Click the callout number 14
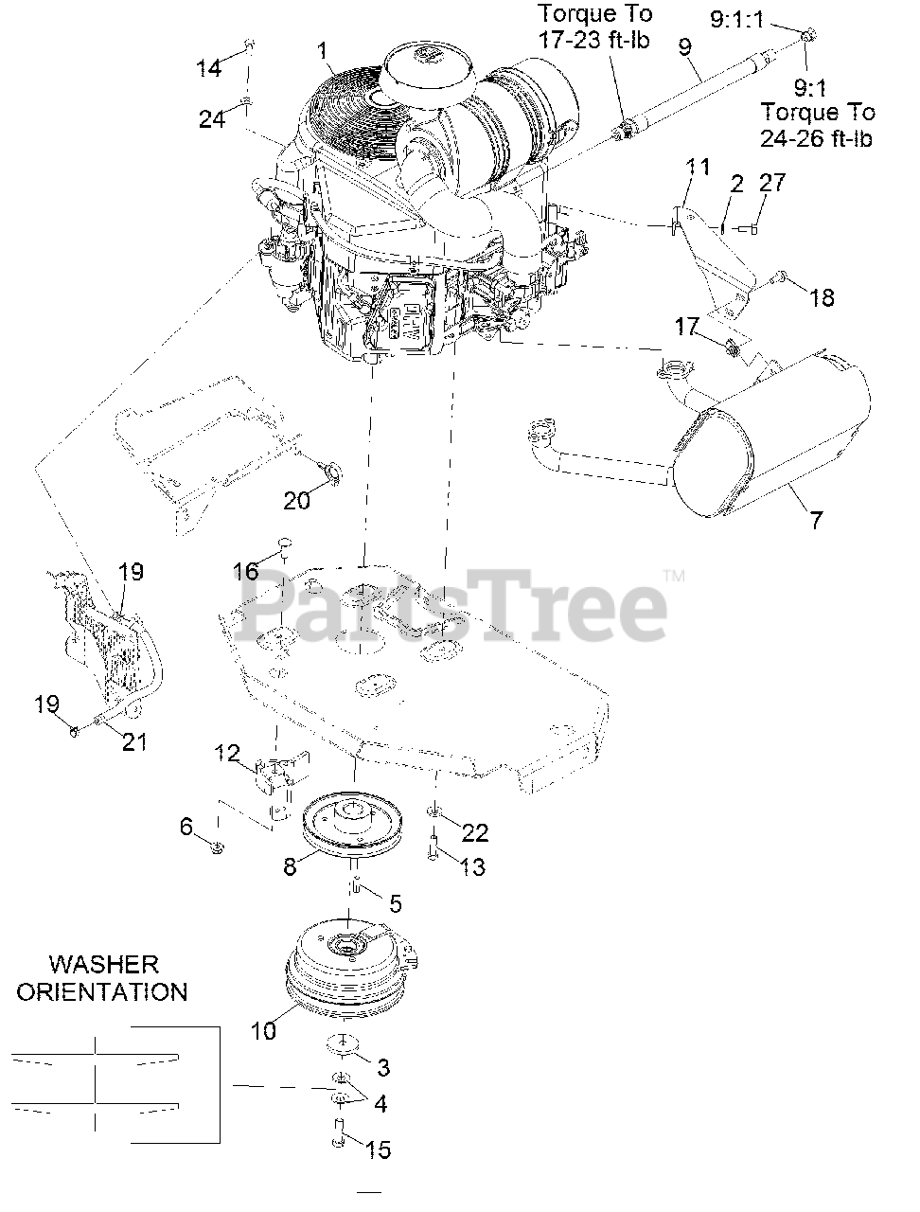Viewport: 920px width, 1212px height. tap(209, 68)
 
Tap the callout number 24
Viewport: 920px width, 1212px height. tap(213, 119)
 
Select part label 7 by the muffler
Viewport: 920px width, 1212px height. tap(816, 519)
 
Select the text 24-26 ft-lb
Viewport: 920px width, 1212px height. tap(817, 137)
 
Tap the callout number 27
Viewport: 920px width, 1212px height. tap(772, 183)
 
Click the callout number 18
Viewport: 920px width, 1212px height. tap(822, 297)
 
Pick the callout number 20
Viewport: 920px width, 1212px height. tap(296, 500)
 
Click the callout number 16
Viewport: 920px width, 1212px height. tap(246, 571)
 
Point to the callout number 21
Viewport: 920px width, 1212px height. tap(134, 741)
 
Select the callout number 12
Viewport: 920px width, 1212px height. tap(227, 754)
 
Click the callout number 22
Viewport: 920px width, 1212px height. tap(474, 832)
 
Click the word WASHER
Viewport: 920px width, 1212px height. tap(104, 964)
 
